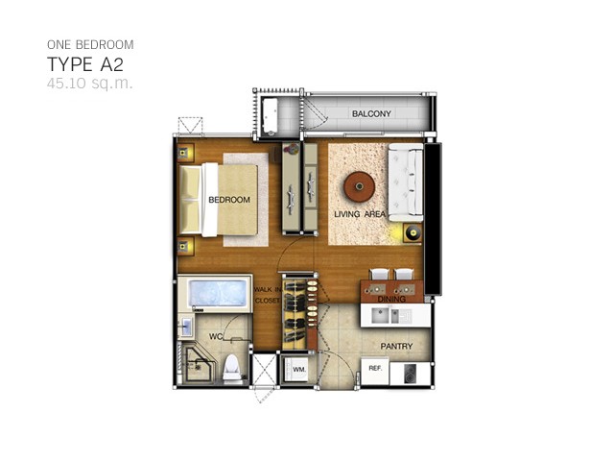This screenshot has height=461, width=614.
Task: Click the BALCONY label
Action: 371,113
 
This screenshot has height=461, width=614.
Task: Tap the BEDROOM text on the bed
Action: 229,200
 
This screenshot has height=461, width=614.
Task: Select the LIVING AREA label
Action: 360,214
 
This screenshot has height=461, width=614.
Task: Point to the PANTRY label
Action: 396,346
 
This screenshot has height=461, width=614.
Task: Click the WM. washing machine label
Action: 299,369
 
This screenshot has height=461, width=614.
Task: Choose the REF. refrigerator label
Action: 375,369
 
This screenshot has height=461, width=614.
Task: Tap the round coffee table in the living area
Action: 360,187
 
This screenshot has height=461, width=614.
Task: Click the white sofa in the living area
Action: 406,182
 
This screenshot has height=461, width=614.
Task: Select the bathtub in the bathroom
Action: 215,294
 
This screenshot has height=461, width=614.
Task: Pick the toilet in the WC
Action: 232,369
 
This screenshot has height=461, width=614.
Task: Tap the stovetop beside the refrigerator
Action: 410,374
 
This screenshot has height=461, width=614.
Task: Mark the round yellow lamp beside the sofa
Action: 413,233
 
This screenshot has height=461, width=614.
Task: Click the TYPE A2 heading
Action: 85,64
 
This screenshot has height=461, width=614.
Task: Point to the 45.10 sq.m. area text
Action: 90,84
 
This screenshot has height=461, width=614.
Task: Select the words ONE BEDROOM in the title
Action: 90,45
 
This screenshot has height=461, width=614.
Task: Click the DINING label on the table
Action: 391,299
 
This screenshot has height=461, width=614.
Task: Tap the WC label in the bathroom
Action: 216,336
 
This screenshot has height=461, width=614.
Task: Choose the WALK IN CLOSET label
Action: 268,295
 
